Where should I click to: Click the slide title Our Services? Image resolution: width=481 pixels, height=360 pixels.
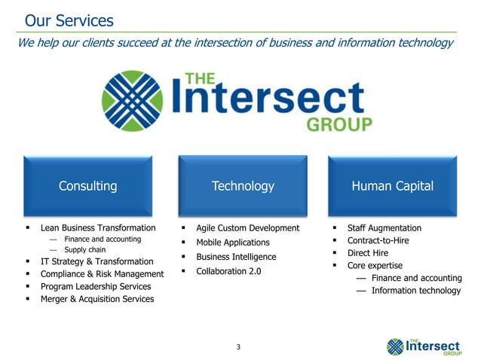69,20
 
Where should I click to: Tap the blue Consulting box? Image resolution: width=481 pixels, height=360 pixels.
88,185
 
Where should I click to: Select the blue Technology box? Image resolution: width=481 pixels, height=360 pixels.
243,185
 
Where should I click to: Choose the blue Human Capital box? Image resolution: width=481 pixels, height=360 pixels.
392,185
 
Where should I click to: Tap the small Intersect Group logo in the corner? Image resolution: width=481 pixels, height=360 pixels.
423,346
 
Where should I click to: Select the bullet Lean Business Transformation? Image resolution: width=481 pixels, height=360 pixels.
98,227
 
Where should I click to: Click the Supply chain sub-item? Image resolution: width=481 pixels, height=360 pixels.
84,249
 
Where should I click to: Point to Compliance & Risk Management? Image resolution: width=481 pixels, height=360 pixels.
102,274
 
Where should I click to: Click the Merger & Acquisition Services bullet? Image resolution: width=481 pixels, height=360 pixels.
97,299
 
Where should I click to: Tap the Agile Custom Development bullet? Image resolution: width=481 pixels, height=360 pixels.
247,227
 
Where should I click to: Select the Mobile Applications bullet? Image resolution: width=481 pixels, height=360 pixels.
232,243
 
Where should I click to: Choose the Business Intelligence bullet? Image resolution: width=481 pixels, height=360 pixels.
236,257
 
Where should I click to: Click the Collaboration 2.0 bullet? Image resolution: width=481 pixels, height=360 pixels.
228,271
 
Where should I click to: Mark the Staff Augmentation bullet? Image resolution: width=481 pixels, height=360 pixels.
384,227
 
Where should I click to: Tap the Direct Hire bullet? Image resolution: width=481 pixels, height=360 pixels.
367,253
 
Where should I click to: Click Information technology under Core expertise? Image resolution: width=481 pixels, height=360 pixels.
415,291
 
